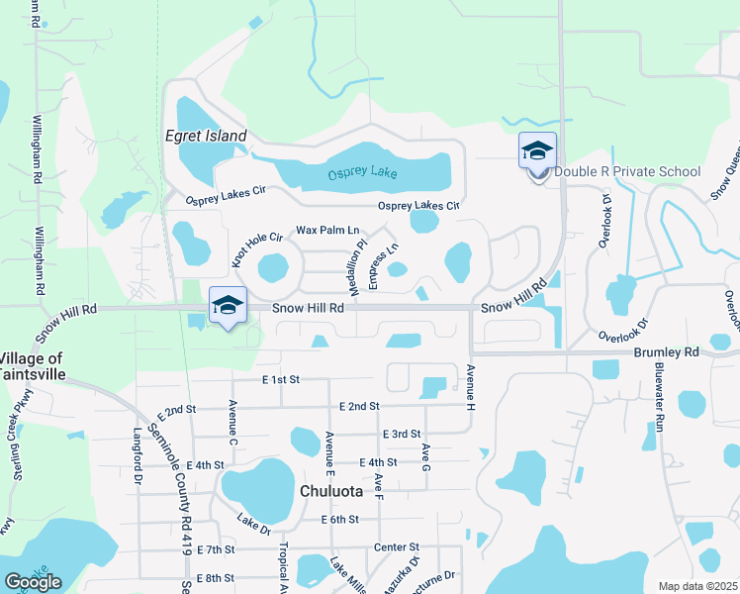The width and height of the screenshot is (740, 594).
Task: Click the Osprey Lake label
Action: click(x=362, y=172)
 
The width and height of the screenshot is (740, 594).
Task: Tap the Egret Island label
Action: click(x=206, y=136)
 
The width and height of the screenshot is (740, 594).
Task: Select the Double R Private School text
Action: click(x=627, y=171)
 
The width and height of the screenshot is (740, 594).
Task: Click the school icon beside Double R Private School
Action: click(x=537, y=151)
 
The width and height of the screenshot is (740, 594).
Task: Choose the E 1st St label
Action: click(x=281, y=379)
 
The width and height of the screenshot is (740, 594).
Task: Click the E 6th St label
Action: click(x=338, y=519)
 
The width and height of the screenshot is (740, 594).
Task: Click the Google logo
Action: click(x=33, y=581)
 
